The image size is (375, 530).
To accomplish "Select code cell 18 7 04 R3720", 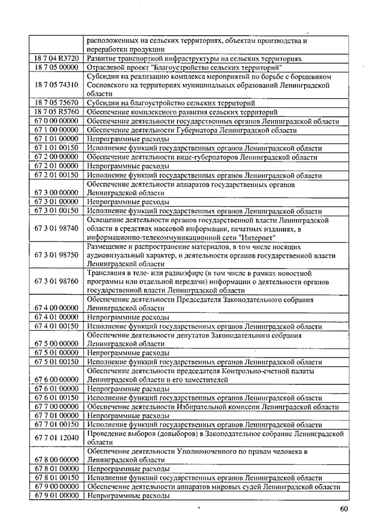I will point(56,59).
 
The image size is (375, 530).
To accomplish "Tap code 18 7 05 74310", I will point(56,85).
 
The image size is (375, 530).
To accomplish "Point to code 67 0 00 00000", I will point(56,121).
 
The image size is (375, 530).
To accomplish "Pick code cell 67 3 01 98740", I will point(56,228).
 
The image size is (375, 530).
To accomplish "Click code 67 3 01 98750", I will point(56,255).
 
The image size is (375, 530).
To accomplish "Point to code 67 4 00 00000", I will point(56,308).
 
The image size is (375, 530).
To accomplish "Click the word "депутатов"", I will point(192,336).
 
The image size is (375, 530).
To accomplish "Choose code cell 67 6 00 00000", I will point(56,380).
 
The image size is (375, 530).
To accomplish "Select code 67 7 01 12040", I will point(56,438).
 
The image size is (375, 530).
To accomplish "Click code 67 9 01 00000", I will point(56,495).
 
